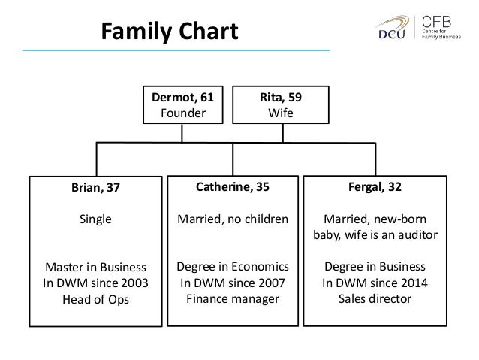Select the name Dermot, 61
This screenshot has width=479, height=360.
183,98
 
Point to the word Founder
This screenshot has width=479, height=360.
183,113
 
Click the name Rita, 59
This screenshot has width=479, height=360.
282,98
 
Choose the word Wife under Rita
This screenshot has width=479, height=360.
282,113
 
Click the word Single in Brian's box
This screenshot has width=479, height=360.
95,219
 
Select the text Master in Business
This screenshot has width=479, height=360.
95,268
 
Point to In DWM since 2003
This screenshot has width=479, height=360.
95,283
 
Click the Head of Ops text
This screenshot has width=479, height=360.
95,299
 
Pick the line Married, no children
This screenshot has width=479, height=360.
232,219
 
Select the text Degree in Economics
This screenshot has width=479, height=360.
232,267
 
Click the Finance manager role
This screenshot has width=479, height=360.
232,298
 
